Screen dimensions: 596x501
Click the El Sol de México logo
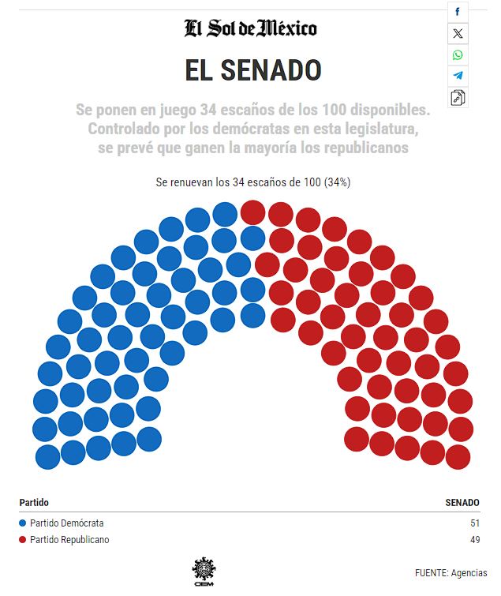point(251,29)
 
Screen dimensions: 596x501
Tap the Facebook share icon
point(458,12)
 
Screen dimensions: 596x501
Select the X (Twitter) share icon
point(458,33)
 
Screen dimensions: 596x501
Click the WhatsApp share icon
point(458,54)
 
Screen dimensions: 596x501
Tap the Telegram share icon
point(458,76)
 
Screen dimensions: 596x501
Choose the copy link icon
point(458,98)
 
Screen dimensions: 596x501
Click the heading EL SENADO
point(253,71)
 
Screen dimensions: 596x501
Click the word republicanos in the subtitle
point(361,148)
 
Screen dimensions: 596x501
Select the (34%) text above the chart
point(335,182)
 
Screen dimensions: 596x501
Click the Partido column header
point(34,502)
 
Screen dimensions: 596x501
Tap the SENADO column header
point(462,502)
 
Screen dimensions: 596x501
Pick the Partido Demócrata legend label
point(67,523)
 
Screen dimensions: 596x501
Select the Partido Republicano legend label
point(69,540)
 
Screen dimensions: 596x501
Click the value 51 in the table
point(473,523)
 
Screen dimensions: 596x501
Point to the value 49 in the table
point(473,540)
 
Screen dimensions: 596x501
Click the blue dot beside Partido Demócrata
point(23,523)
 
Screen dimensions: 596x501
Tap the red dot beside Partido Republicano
point(23,540)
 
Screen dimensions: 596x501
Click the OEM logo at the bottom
point(204,569)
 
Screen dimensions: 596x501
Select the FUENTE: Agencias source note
point(451,573)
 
